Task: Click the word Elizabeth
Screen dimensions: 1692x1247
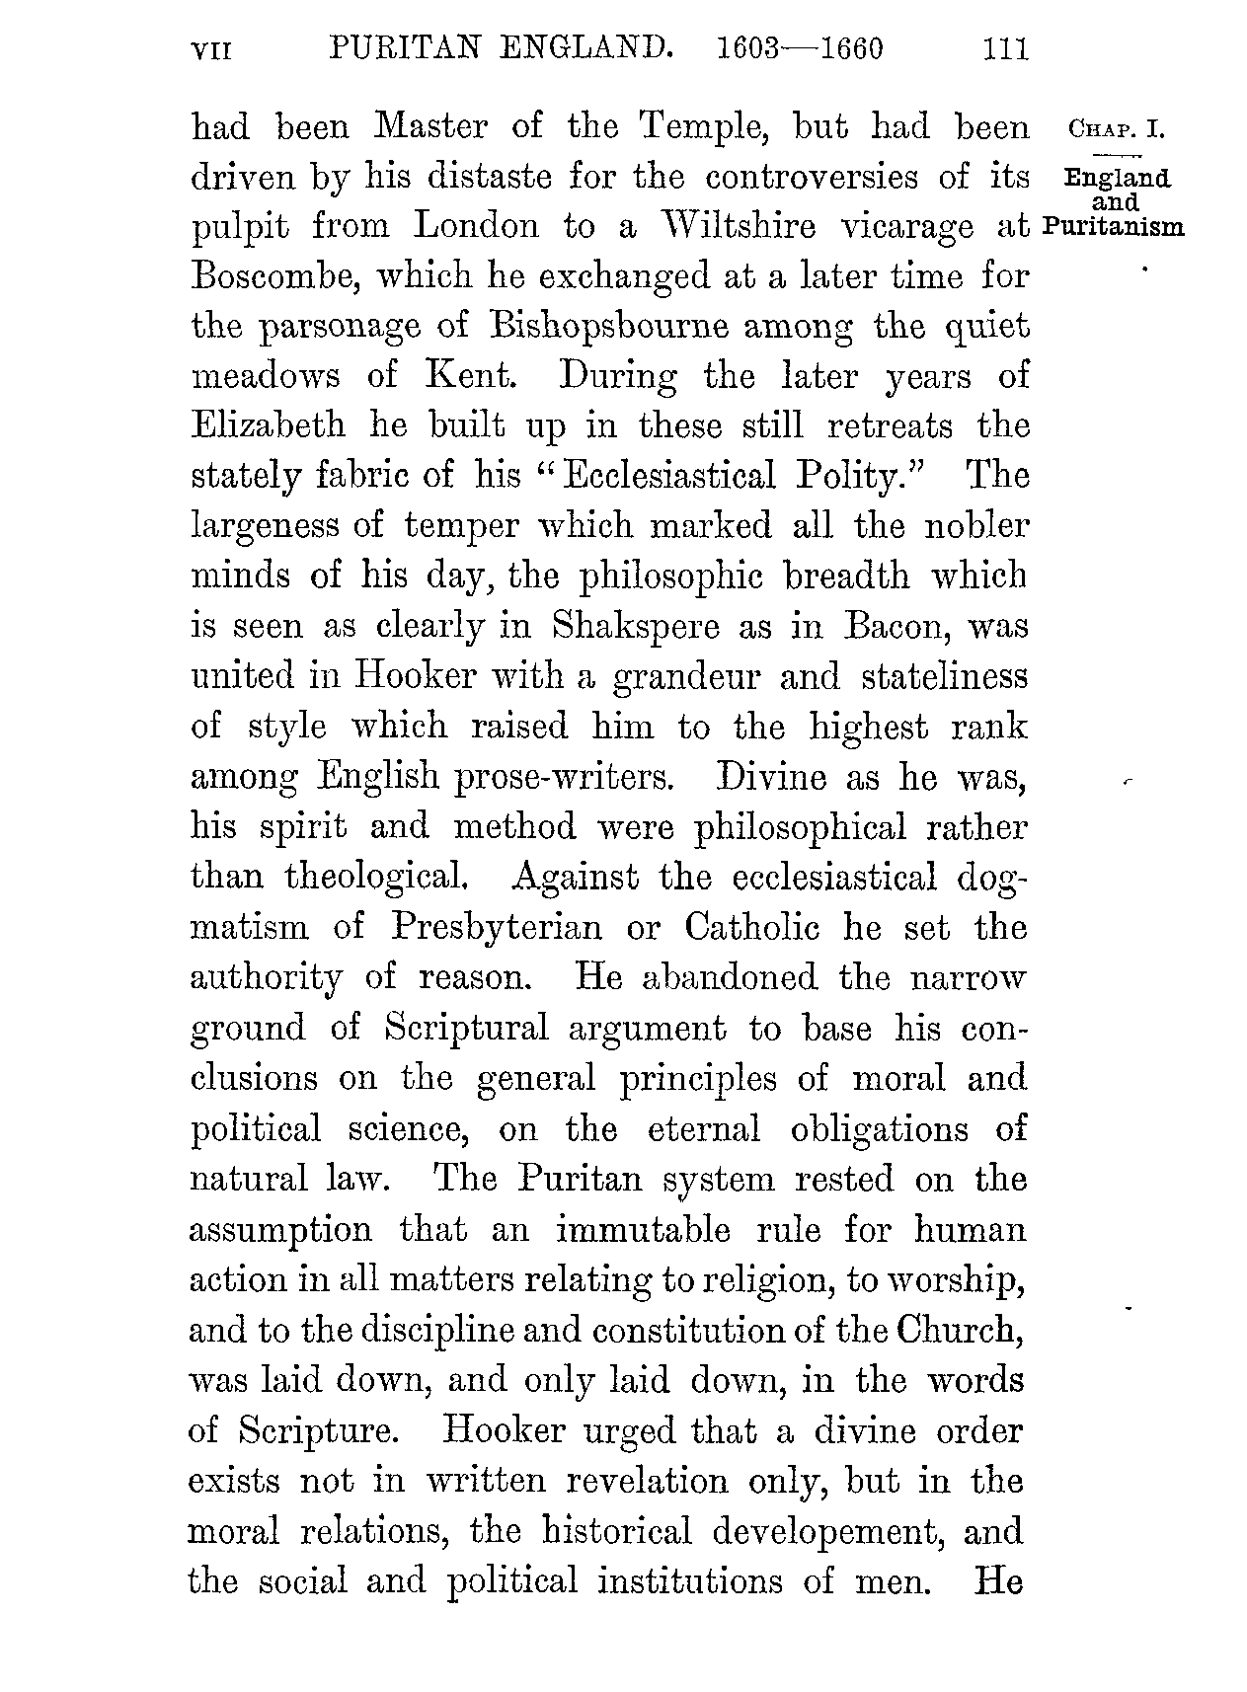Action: (x=268, y=425)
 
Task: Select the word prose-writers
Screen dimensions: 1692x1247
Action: (x=564, y=777)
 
